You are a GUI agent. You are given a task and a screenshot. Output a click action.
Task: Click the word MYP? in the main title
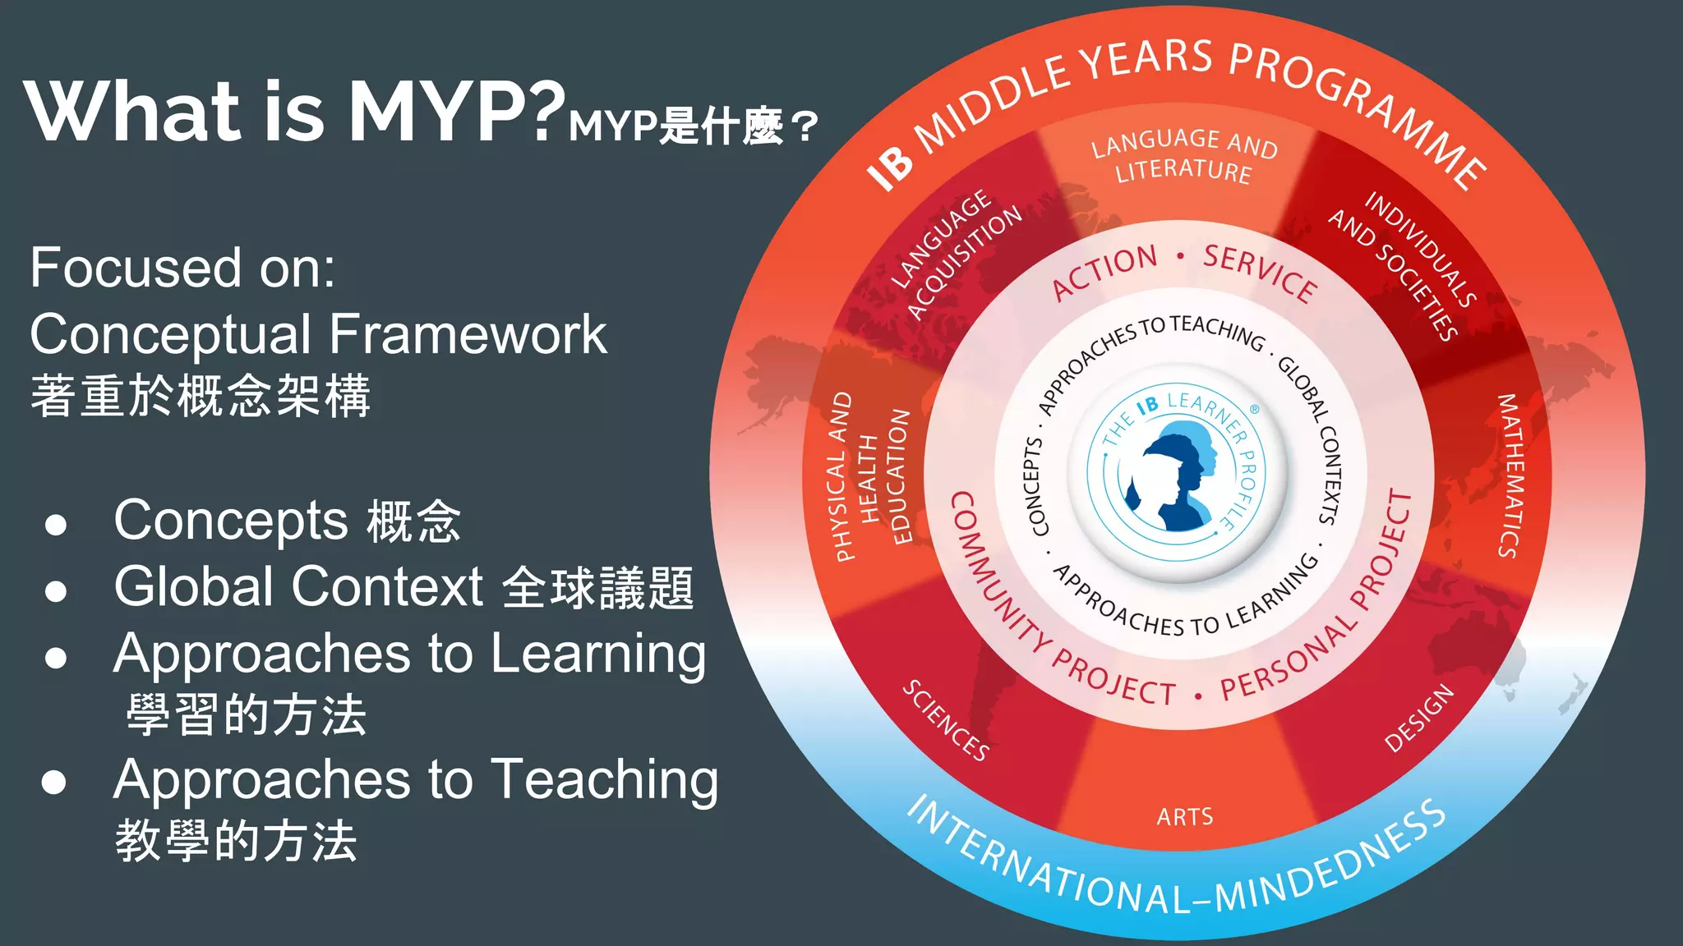coord(457,112)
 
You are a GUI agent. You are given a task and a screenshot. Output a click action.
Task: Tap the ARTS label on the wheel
coord(1184,817)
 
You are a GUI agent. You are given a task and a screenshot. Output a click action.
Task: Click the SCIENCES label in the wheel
coord(946,720)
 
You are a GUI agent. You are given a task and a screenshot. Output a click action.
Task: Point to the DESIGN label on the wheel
coord(1418,718)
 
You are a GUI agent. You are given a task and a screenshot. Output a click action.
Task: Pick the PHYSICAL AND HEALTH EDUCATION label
coord(871,476)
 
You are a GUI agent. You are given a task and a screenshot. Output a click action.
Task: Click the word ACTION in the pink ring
coord(1104,272)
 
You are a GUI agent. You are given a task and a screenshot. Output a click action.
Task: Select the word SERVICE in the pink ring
coord(1260,272)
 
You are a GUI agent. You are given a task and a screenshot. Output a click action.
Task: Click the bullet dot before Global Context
coord(56,590)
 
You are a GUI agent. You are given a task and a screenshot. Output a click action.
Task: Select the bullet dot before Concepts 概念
coord(56,524)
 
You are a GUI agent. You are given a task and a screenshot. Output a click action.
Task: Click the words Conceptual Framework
coord(318,334)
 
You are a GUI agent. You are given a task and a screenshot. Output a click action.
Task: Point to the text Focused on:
coord(182,268)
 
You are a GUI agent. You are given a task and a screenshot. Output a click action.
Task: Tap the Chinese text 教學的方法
coord(236,841)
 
